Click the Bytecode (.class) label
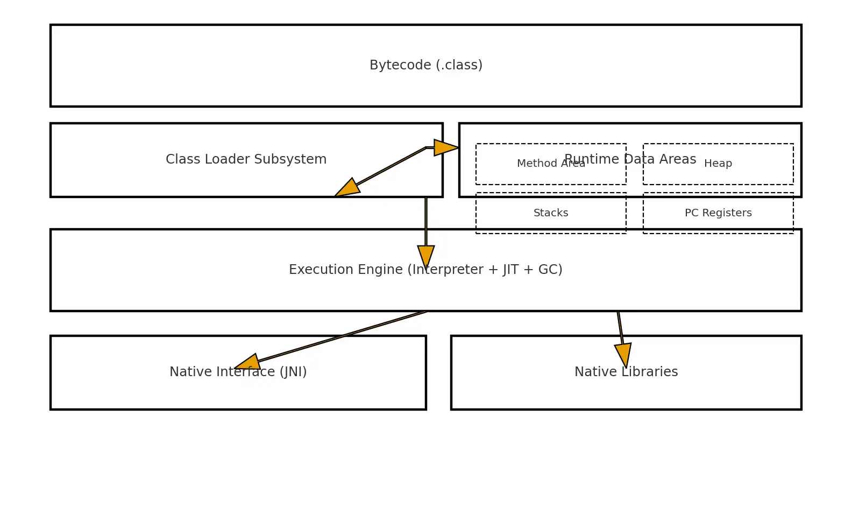tap(426, 65)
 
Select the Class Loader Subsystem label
tap(246, 159)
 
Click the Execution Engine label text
tap(425, 270)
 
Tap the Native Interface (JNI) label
tap(238, 372)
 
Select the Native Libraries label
tap(626, 372)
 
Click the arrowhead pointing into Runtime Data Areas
tap(445, 147)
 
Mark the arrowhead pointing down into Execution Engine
tap(426, 256)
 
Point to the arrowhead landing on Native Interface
tap(248, 363)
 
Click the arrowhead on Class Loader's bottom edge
tap(347, 188)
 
